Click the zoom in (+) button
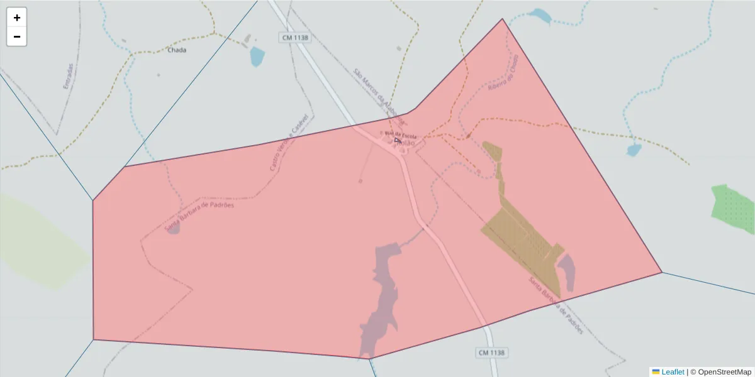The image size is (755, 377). point(17,18)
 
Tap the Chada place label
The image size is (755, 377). point(177,50)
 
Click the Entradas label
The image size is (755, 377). point(69,75)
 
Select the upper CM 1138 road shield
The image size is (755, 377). point(295,38)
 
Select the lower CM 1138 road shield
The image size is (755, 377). point(491,352)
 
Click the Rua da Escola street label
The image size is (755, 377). point(401,135)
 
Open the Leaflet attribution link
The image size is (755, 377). point(673,372)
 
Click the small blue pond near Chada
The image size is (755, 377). point(257,57)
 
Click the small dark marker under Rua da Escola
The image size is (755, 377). point(397,140)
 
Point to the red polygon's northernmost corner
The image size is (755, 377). point(502,19)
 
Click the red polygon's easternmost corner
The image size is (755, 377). point(661,272)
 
